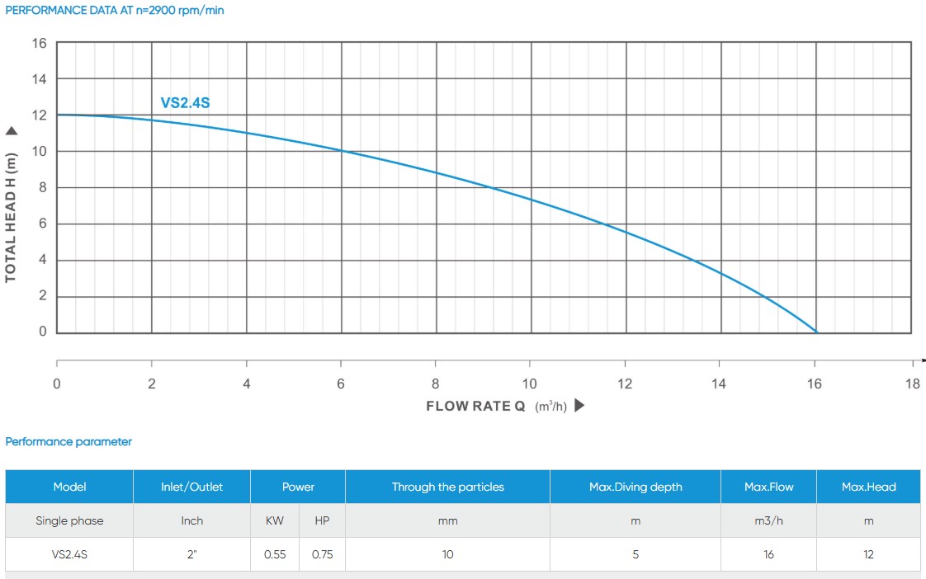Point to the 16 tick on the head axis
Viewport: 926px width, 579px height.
[x=39, y=43]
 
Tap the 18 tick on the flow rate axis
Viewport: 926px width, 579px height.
[x=912, y=384]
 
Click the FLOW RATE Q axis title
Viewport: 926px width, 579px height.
[x=476, y=406]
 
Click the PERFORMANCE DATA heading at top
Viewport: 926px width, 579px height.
[x=115, y=11]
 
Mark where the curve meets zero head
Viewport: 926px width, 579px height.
[x=817, y=332]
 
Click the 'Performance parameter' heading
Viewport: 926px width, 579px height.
[x=69, y=442]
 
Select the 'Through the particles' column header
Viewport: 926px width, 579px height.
[x=447, y=487]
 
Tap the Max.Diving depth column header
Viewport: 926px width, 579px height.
[x=635, y=487]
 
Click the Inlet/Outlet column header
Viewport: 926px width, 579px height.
[x=191, y=487]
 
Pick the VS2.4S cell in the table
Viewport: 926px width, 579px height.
[x=69, y=554]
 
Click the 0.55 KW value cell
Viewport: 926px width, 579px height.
[x=275, y=554]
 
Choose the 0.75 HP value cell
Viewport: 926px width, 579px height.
[x=322, y=554]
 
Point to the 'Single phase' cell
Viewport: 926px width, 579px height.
[x=69, y=520]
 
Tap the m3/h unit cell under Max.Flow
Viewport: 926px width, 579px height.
[x=768, y=520]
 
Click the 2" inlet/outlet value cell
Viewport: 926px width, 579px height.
[x=191, y=554]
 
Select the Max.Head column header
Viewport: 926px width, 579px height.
[x=868, y=487]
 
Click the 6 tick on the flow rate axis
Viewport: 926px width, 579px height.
[x=341, y=384]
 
